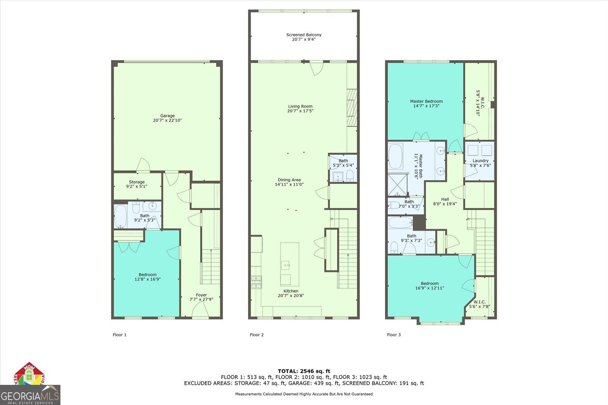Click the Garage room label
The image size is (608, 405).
[x=167, y=116]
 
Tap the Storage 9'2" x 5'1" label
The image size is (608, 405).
[x=137, y=184]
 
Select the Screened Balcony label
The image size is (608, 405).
[x=304, y=37]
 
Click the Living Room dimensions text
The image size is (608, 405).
[x=300, y=111]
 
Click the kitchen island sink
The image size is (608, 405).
[x=285, y=264]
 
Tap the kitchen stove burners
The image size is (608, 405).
[x=255, y=282]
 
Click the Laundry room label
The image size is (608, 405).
[x=480, y=161]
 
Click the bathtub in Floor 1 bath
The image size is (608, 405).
[x=120, y=217]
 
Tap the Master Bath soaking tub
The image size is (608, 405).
[x=396, y=156]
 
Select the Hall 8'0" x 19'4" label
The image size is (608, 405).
[x=445, y=201]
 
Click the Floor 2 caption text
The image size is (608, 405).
[x=256, y=335]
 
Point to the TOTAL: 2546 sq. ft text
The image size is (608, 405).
[x=304, y=371]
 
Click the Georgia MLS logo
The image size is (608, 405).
[x=30, y=395]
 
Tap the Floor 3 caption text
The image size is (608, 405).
[x=394, y=335]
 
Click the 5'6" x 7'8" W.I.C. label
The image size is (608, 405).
[x=480, y=304]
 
